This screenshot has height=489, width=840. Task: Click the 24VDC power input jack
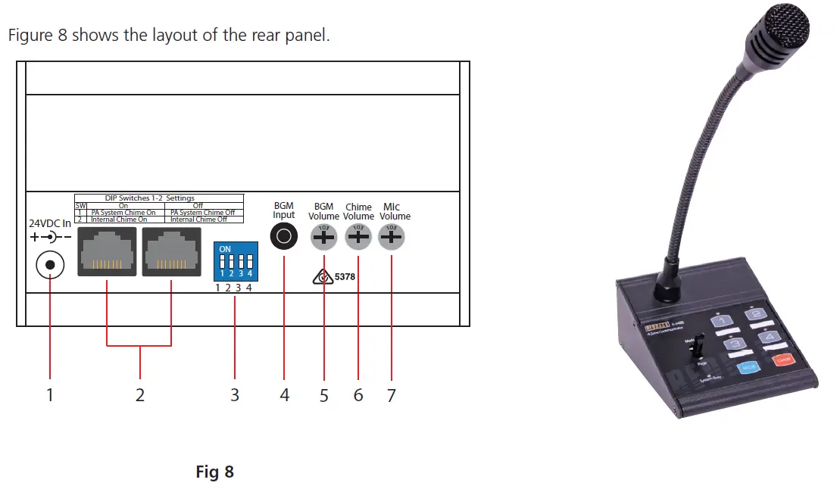pyautogui.click(x=50, y=266)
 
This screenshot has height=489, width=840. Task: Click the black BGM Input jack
pyautogui.click(x=284, y=238)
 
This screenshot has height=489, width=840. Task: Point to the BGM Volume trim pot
pyautogui.click(x=323, y=238)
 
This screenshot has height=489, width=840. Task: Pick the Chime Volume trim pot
pyautogui.click(x=358, y=238)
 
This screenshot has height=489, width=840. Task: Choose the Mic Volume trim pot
pyautogui.click(x=391, y=238)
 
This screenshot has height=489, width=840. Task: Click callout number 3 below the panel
pyautogui.click(x=235, y=395)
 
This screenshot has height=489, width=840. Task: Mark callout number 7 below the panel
pyautogui.click(x=391, y=395)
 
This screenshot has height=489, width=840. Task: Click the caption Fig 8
pyautogui.click(x=215, y=472)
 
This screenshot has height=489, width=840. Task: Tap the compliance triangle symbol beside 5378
pyautogui.click(x=323, y=278)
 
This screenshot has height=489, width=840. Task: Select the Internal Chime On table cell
pyautogui.click(x=121, y=220)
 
